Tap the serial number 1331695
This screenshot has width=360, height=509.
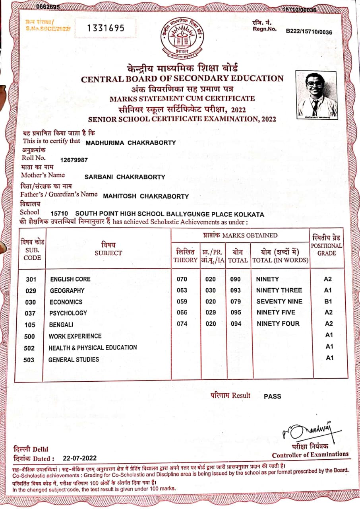coord(105,28)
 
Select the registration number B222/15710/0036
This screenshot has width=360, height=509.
coord(309,32)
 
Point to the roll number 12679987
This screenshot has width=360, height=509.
coord(74,160)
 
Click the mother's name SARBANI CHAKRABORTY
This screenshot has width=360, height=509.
coord(125,177)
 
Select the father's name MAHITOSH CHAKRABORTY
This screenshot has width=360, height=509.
coord(146,196)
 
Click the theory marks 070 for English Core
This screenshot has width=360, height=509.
coord(182,279)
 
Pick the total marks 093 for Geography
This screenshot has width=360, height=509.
coord(236,290)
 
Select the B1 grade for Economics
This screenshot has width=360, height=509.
coord(328,301)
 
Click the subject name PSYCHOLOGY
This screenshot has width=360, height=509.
coord(68,313)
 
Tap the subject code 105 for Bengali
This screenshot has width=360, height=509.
coord(30,325)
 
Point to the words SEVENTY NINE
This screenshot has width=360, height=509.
coord(279,301)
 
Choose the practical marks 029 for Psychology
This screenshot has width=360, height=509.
coord(211,313)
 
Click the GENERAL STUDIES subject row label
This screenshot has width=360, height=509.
coord(74,359)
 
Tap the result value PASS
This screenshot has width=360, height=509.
coord(272,396)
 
